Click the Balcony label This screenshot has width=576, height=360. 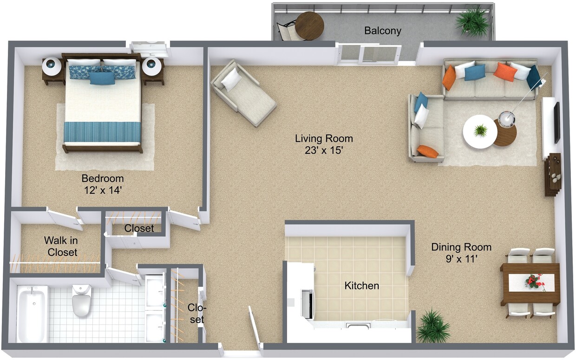[382, 31]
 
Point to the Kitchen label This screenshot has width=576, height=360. [361, 286]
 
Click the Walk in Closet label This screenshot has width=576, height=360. [61, 247]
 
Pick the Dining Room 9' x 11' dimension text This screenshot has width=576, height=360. [461, 259]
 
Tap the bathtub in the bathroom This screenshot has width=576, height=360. [32, 313]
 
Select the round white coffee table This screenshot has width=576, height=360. [480, 131]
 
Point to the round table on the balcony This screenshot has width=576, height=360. [309, 25]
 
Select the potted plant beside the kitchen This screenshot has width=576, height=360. [432, 326]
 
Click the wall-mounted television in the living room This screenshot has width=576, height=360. [556, 123]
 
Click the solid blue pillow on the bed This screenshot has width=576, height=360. [102, 78]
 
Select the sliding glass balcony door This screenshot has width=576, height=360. [369, 54]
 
